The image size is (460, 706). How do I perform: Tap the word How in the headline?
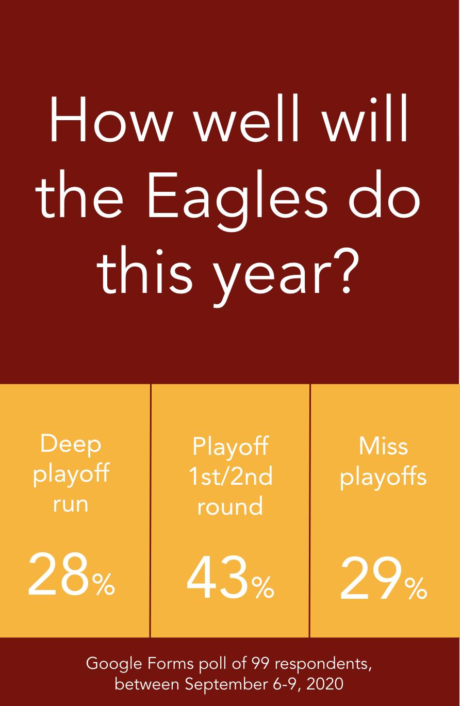point(110,120)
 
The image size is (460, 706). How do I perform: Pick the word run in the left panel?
point(70,504)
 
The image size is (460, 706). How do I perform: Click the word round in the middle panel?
point(230,505)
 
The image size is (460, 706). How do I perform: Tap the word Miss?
point(383,446)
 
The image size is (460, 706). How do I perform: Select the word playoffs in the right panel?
point(383,476)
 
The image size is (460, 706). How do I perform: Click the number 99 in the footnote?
point(261,664)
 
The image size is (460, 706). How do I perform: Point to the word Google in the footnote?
point(114,664)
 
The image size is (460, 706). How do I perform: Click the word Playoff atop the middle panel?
point(230,447)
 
